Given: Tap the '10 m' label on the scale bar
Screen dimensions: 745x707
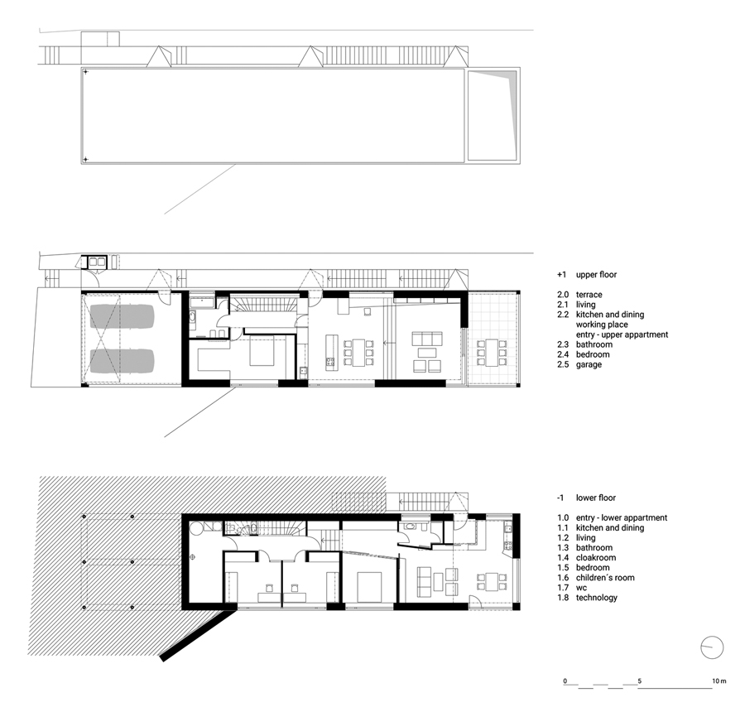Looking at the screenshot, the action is [x=719, y=681].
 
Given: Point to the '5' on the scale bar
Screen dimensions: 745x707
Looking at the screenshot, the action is [x=640, y=681].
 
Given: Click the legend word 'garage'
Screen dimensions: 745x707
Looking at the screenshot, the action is [x=589, y=364].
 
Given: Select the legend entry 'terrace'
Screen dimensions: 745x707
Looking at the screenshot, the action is [x=589, y=295].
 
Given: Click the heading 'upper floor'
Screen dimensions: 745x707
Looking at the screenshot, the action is [x=596, y=275].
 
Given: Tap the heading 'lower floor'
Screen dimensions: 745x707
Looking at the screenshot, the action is [x=596, y=498].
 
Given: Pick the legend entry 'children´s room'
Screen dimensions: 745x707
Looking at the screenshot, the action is [x=605, y=578].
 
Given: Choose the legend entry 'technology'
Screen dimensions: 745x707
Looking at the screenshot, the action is [x=597, y=598].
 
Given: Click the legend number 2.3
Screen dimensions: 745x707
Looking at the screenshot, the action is [x=563, y=344].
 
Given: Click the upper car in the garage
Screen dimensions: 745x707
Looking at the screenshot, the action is [x=123, y=316].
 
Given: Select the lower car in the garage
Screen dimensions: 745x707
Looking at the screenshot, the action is [x=123, y=361].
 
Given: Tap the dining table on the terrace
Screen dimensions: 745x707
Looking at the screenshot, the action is [x=493, y=352].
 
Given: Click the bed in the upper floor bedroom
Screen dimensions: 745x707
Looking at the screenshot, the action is [x=262, y=351].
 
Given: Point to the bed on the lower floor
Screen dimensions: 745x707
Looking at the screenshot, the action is [x=370, y=587].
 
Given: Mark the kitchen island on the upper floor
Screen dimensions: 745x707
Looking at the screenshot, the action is [x=332, y=352].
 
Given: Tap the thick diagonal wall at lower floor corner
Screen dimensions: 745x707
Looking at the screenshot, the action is [x=198, y=635].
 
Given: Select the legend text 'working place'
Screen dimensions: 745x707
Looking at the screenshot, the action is [x=602, y=325].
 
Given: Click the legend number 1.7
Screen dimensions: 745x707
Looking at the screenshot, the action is [x=563, y=588].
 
